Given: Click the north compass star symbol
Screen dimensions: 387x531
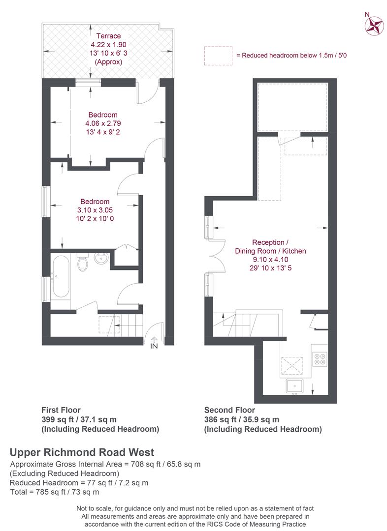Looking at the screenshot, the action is pos(374,26).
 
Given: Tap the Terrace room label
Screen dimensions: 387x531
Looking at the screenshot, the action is pos(108,36).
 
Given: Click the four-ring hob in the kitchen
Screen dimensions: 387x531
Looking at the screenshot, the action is pos(320,359).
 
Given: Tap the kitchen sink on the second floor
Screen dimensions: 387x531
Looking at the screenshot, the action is pos(294,386).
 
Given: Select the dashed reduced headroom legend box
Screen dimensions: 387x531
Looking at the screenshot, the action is pos(218,56).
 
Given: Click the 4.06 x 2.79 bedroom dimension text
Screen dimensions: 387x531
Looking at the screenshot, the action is pos(103,123).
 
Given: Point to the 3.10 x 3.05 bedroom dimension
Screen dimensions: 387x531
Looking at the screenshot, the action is pos(95,210).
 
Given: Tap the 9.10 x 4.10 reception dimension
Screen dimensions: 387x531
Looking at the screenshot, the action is pos(270,260).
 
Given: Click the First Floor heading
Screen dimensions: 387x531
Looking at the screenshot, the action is pos(61,410).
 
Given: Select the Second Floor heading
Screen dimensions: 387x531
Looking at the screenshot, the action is pos(229,410).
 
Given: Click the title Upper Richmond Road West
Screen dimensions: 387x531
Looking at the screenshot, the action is pos(82,452).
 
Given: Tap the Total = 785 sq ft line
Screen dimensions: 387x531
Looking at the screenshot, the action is pos(55,492).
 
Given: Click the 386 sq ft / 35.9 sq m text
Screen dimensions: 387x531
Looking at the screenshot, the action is pos(241,419).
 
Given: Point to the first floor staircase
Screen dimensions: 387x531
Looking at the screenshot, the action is pos(128,325).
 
